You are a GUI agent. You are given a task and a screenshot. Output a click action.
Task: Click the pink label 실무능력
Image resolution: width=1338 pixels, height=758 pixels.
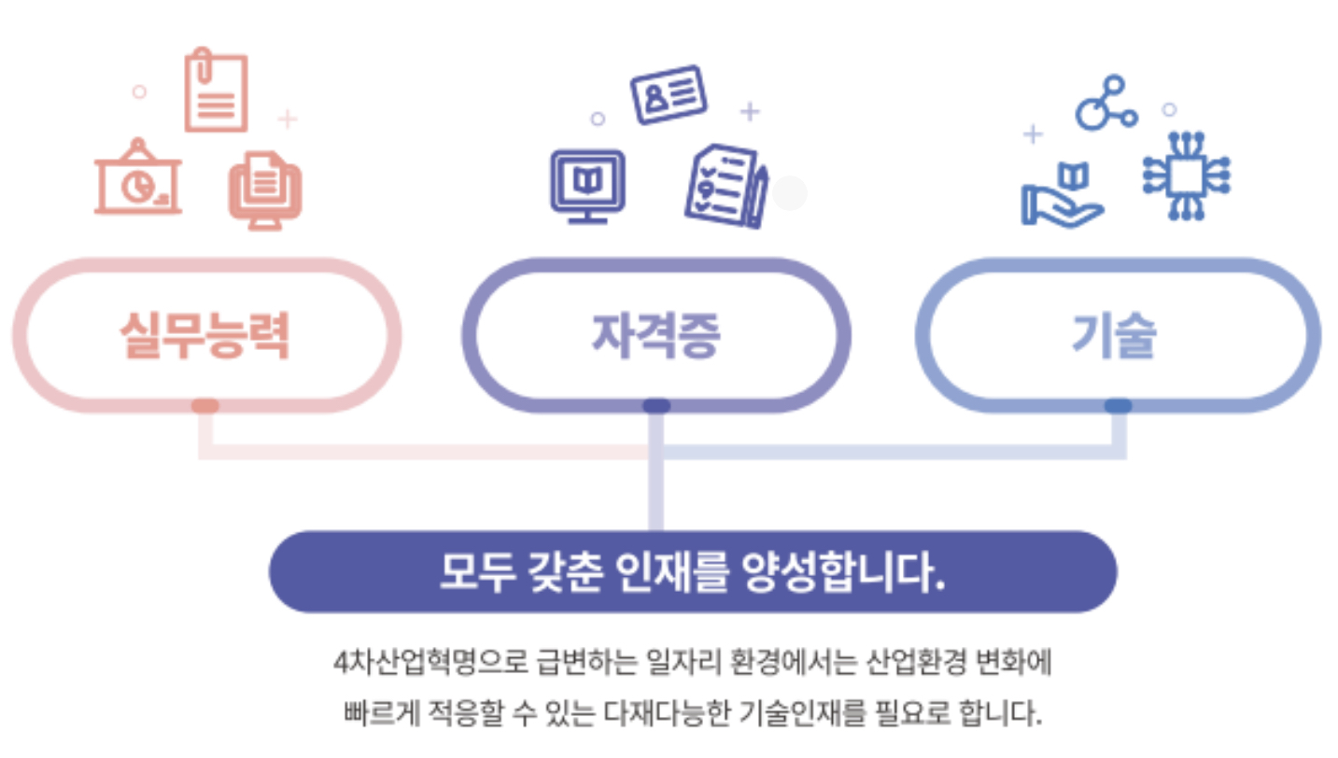point(204,335)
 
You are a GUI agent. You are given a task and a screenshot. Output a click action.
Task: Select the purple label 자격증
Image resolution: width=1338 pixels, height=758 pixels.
point(655,335)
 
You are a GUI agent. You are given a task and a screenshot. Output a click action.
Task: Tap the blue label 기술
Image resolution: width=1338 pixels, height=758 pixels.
point(1114,335)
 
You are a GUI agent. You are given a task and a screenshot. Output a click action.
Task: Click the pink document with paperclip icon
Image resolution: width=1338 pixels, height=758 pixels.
point(216,91)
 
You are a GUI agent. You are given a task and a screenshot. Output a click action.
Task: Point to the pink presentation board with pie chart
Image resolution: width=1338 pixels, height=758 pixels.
point(138,179)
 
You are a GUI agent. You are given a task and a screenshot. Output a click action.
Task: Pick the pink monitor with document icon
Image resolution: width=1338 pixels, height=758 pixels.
point(265,190)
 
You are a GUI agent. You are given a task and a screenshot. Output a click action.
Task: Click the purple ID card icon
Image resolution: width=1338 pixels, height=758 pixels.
point(669,94)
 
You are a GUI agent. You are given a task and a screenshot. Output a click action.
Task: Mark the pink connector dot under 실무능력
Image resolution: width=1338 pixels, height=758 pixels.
point(204,406)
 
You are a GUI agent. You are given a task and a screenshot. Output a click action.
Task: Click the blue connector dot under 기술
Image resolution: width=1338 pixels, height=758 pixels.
point(1118,406)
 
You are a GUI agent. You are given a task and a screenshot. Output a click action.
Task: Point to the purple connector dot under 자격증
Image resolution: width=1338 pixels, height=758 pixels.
point(656,406)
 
